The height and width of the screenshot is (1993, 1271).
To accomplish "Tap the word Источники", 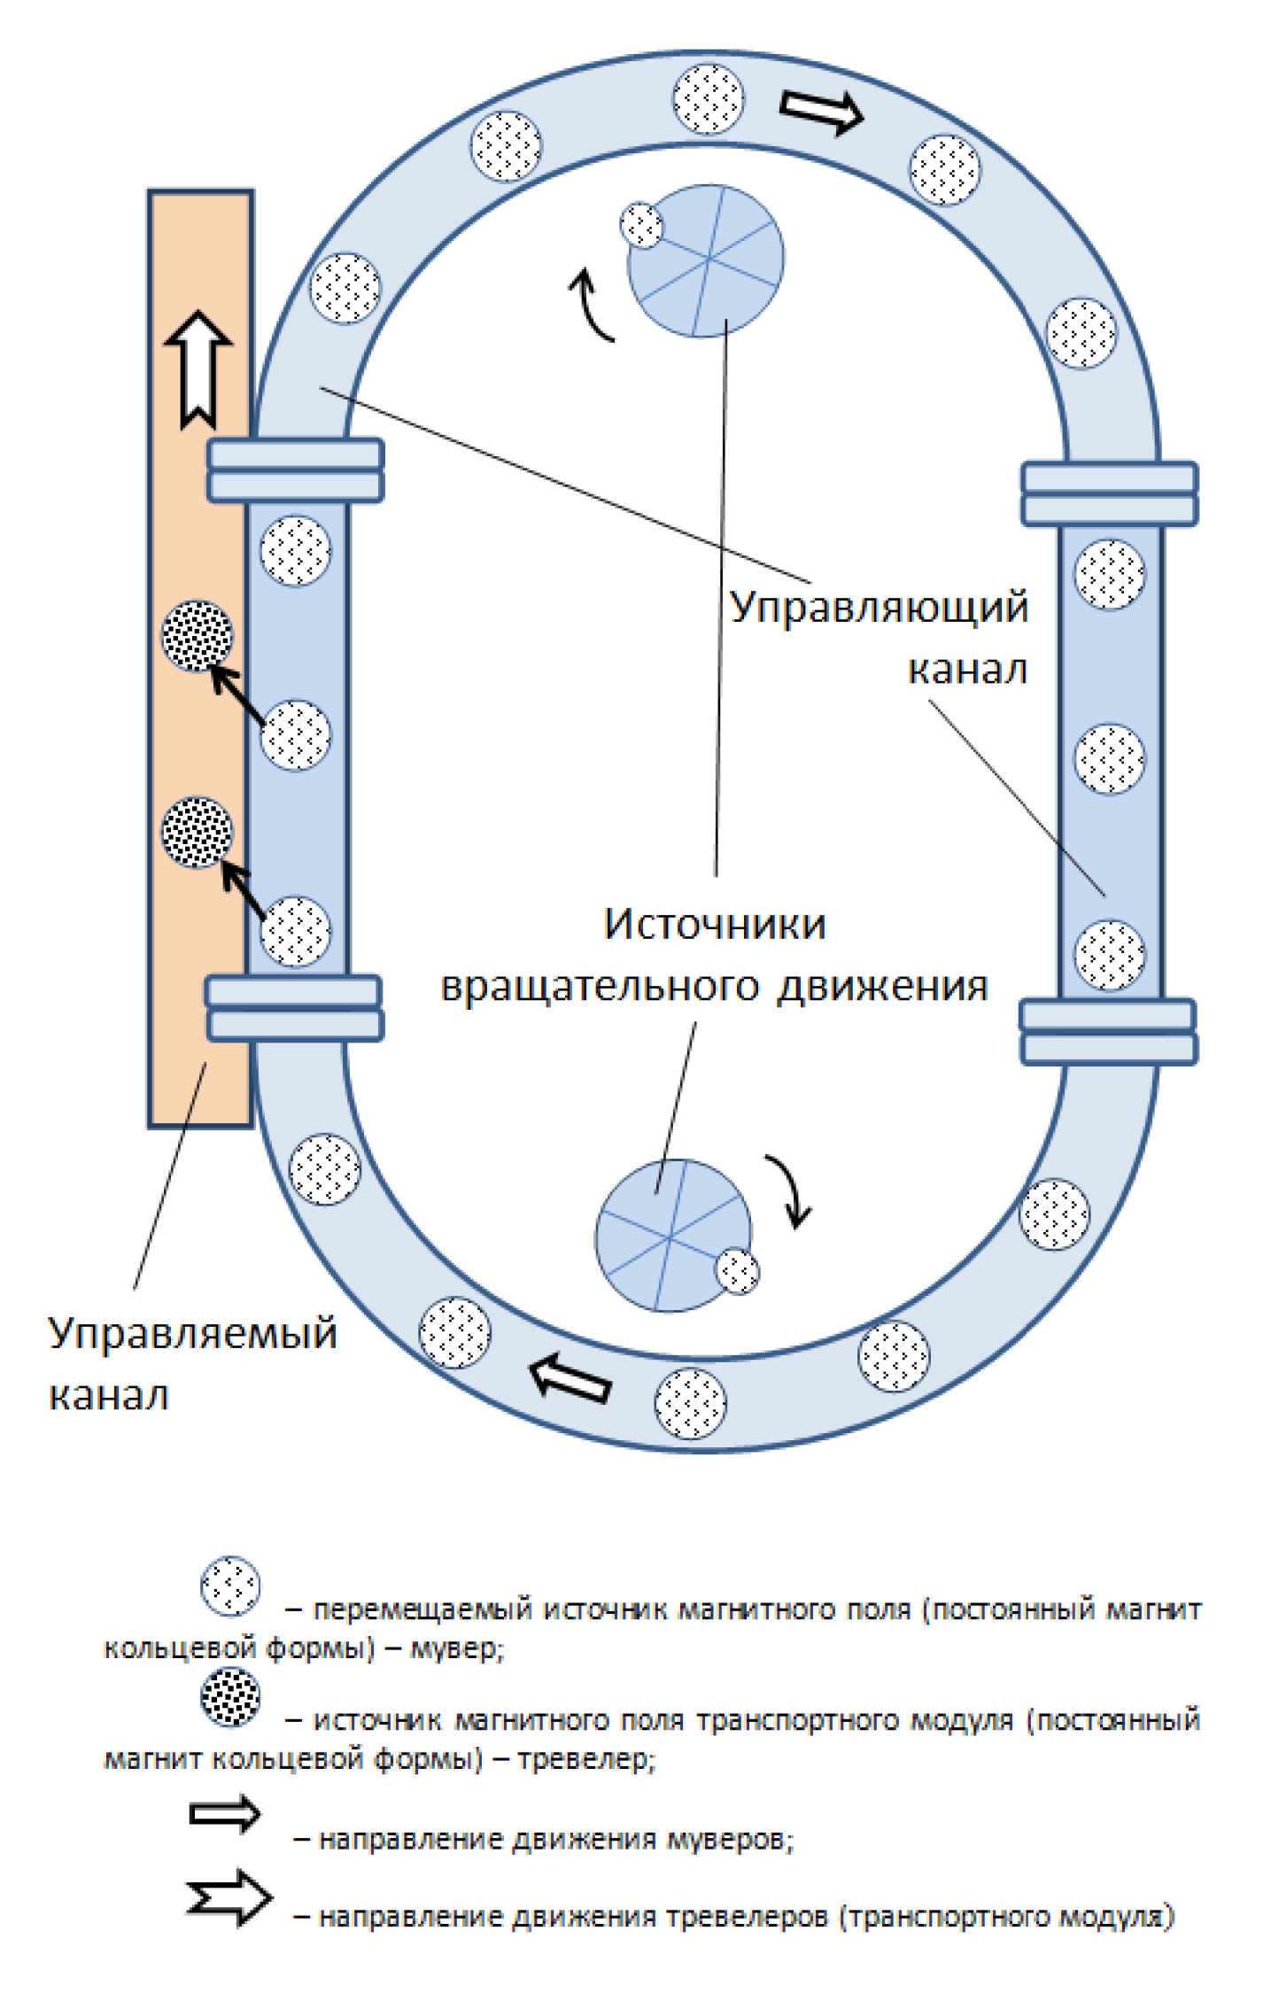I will click(714, 925).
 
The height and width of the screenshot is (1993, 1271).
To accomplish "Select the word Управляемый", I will click(192, 1333).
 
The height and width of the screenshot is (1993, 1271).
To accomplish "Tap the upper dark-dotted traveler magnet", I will click(198, 635).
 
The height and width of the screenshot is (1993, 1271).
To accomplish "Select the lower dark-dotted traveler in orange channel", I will click(198, 832).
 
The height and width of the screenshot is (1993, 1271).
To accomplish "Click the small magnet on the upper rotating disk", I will click(641, 225).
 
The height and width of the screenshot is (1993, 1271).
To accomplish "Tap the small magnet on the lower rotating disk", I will click(737, 1271).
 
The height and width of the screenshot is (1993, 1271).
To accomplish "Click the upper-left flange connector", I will click(296, 470).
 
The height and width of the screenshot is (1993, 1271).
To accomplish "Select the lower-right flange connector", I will click(1108, 1032).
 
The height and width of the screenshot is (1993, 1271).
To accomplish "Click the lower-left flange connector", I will click(294, 1008).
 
